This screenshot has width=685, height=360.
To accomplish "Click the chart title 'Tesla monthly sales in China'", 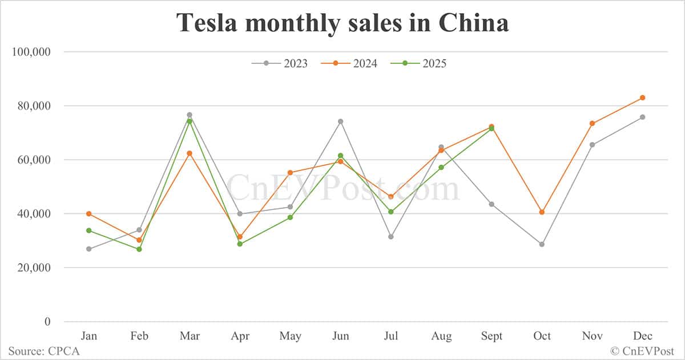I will click(342, 23).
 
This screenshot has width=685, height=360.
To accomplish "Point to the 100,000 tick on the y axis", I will click(32, 52).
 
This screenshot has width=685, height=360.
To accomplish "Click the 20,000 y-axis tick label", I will click(35, 268).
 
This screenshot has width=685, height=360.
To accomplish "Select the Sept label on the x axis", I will click(491, 336).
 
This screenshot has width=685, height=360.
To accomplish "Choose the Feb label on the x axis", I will click(139, 336).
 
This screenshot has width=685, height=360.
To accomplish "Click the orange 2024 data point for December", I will click(642, 98).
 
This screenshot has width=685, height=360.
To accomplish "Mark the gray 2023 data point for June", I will click(341, 121).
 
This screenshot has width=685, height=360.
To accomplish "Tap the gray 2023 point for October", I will click(542, 244).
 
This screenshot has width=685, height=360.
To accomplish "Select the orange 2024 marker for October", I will click(542, 212).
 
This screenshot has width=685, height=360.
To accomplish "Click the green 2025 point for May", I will click(290, 217).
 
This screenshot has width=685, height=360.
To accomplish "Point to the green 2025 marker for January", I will click(89, 230).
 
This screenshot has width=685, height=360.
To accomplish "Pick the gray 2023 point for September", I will click(491, 204).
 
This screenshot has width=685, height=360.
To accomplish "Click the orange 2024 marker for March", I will click(190, 153).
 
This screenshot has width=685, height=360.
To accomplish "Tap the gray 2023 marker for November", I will click(592, 145).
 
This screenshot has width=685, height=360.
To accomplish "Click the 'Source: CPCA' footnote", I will click(44, 351).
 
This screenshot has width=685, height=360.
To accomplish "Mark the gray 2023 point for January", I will click(89, 249).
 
